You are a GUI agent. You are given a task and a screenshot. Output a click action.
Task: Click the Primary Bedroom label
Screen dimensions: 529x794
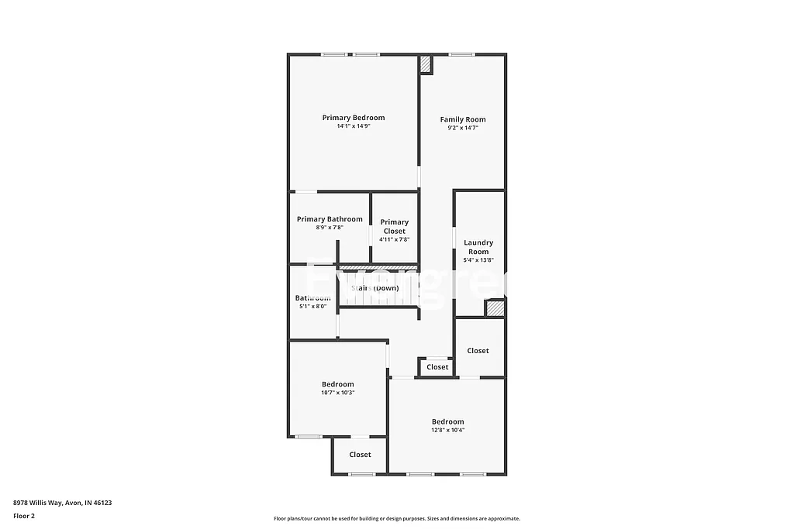coord(354,118)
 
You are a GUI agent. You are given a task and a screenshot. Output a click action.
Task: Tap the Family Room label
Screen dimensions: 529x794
coord(463,119)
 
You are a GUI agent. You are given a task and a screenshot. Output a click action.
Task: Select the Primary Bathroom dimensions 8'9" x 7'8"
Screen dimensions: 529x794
coord(330,228)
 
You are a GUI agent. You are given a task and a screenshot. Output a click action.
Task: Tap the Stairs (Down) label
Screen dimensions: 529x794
coord(375,288)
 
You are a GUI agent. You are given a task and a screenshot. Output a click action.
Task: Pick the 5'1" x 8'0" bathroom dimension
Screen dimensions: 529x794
coord(313,307)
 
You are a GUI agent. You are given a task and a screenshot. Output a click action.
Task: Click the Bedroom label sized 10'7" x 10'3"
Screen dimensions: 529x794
coord(338,384)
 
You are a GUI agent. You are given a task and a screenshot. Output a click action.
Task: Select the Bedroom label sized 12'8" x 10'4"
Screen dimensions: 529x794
coord(448,421)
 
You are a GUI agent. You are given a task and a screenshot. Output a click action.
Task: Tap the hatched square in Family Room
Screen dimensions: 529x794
coord(426,66)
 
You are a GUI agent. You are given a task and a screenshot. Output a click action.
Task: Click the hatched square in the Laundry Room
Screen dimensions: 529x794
coord(495,308)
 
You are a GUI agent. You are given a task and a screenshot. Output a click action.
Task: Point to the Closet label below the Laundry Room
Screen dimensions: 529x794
coord(478,351)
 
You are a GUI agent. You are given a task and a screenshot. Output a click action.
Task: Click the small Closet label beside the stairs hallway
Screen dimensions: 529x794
coord(437,367)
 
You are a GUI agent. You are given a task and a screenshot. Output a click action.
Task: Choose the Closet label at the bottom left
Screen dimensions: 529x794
coord(360,455)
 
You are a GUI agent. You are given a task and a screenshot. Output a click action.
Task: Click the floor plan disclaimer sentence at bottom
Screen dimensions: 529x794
coord(396,519)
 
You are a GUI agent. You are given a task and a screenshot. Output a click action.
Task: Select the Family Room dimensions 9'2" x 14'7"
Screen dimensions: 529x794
coord(463,128)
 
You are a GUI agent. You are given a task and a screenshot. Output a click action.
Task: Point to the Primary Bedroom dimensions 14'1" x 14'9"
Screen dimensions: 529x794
coord(354,126)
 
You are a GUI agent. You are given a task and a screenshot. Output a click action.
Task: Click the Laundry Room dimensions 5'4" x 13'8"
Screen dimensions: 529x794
coord(478,261)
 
